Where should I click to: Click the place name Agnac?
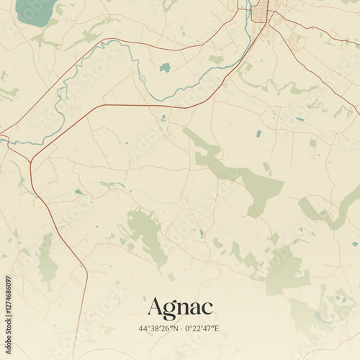180,307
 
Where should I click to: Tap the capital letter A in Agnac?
154,307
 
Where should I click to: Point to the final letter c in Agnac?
207,309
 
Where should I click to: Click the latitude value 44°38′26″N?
159,329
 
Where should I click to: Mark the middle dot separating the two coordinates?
181,329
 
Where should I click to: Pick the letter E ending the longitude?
217,329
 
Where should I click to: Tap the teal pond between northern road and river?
166,68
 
